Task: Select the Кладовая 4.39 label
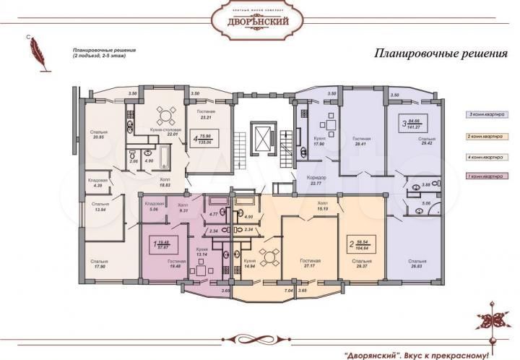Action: coord(97,183)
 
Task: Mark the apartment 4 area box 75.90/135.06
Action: coord(205,139)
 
